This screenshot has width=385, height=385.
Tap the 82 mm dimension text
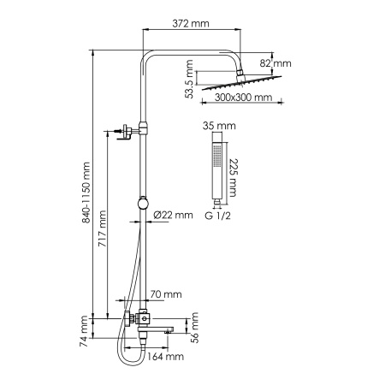click(277, 62)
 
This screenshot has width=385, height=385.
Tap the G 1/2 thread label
click(219, 216)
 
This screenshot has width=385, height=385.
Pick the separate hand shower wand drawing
click(220, 166)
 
